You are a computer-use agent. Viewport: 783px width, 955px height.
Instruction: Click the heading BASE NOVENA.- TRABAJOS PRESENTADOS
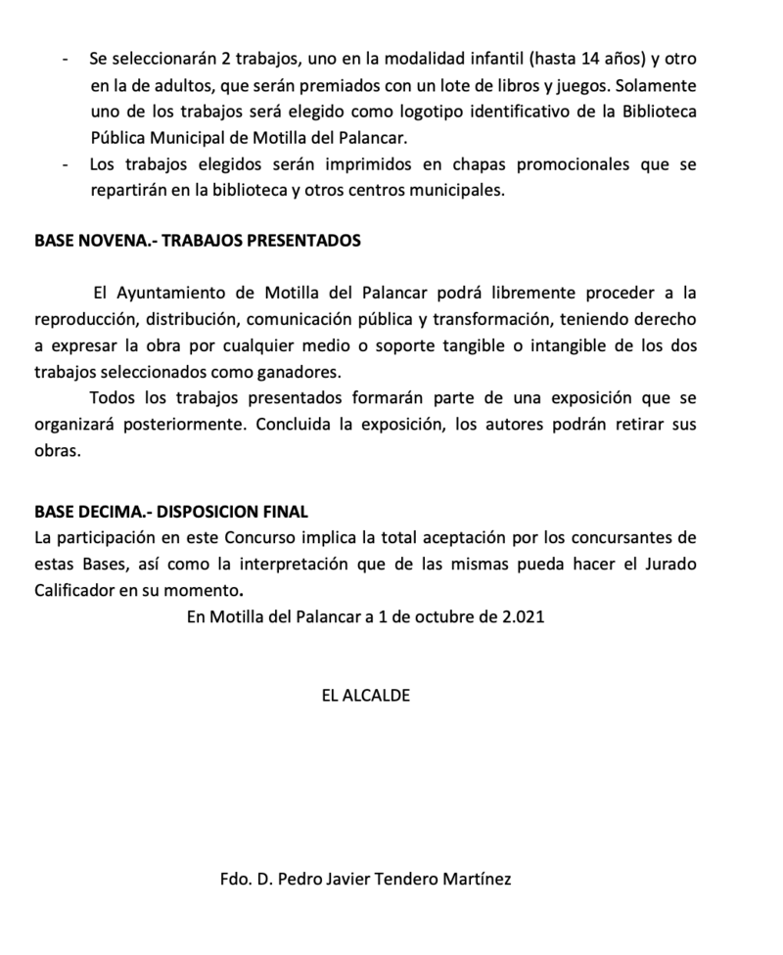(198, 240)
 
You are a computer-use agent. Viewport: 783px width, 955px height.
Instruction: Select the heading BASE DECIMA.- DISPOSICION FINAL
(171, 511)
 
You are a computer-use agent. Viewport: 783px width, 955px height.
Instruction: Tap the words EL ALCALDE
(365, 696)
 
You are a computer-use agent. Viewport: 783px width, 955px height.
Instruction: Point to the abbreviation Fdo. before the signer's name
(238, 879)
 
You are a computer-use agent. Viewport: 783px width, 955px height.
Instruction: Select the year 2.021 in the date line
(521, 617)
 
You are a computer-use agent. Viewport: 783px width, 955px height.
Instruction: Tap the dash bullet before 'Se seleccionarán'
(65, 59)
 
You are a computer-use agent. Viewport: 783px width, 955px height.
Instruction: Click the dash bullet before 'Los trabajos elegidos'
(65, 164)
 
